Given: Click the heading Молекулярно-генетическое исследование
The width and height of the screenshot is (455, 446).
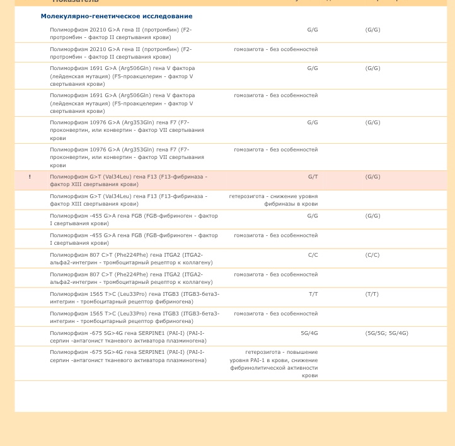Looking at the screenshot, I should [117, 16].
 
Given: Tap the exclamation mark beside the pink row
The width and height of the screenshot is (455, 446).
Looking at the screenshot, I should [30, 177].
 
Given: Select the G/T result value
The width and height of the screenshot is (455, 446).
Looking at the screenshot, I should [313, 177].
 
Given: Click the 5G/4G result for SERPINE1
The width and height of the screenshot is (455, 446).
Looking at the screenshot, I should [309, 333].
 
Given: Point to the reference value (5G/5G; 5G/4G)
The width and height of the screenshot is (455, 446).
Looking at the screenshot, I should [386, 333].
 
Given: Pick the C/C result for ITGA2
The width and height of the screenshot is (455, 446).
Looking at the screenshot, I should [313, 255].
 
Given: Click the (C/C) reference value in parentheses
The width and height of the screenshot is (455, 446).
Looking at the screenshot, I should [372, 255].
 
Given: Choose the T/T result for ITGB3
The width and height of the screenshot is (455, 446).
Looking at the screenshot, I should [313, 294].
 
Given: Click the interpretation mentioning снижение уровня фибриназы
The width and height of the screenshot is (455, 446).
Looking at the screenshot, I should [274, 200].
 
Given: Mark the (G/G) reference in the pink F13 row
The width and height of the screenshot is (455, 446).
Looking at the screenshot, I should [372, 177].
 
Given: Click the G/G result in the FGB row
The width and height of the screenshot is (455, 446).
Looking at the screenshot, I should [313, 216].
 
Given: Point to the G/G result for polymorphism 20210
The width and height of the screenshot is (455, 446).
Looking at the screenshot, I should [313, 30].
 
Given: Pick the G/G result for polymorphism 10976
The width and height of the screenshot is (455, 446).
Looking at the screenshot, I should [313, 122].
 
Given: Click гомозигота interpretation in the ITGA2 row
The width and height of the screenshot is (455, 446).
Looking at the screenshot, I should [275, 274].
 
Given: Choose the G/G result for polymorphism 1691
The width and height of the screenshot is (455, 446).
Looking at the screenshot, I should [313, 68].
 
